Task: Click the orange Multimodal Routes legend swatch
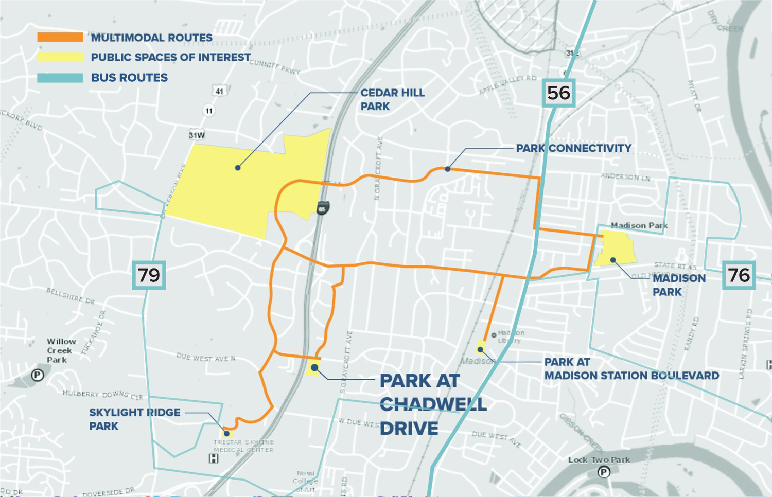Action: [60, 37]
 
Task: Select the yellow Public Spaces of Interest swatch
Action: [60, 57]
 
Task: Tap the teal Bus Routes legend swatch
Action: [60, 78]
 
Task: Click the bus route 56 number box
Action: [558, 93]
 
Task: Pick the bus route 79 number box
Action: [149, 275]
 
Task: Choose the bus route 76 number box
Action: [739, 275]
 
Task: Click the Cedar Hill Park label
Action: [392, 99]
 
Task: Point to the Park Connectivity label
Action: [573, 148]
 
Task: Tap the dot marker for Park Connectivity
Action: [448, 169]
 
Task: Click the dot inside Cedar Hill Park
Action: [238, 168]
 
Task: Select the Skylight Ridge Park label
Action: [134, 419]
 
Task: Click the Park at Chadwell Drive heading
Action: [432, 404]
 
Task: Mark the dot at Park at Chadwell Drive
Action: [314, 368]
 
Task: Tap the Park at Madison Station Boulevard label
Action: [631, 369]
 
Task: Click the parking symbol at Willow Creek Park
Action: [37, 375]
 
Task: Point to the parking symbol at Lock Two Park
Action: [604, 472]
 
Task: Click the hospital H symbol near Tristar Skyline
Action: [214, 458]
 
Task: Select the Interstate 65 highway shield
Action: [322, 208]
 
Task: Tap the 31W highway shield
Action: [197, 135]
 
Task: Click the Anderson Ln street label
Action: [625, 176]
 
